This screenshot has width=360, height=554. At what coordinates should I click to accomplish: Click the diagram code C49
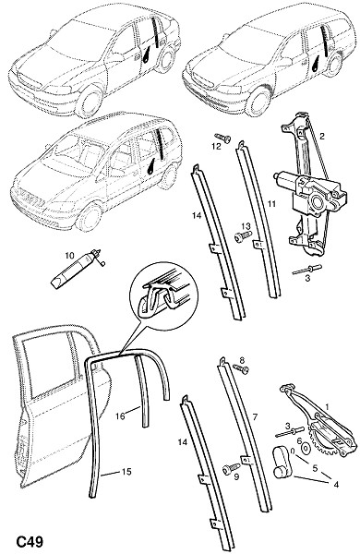pyautogui.click(x=30, y=541)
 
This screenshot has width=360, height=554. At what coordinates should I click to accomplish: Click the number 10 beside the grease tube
pyautogui.click(x=69, y=255)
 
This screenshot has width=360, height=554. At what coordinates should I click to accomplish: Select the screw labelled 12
pyautogui.click(x=222, y=138)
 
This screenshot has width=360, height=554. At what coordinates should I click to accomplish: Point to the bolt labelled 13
pyautogui.click(x=243, y=235)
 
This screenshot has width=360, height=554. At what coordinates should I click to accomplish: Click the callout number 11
pyautogui.click(x=271, y=204)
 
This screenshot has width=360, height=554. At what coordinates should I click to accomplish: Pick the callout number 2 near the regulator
pyautogui.click(x=322, y=136)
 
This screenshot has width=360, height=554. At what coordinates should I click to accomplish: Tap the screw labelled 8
pyautogui.click(x=241, y=368)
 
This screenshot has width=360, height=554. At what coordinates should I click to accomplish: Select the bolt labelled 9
pyautogui.click(x=232, y=468)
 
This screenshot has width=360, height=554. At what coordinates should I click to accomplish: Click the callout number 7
pyautogui.click(x=255, y=417)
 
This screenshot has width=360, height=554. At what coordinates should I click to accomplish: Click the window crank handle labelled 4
pyautogui.click(x=282, y=463)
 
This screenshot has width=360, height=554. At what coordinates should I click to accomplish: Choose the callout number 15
pyautogui.click(x=126, y=471)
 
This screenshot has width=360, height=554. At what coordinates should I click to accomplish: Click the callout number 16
pyautogui.click(x=120, y=416)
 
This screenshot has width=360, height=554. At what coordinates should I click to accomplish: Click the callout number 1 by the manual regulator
pyautogui.click(x=327, y=407)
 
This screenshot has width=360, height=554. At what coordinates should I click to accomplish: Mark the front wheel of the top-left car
pyautogui.click(x=89, y=102)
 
